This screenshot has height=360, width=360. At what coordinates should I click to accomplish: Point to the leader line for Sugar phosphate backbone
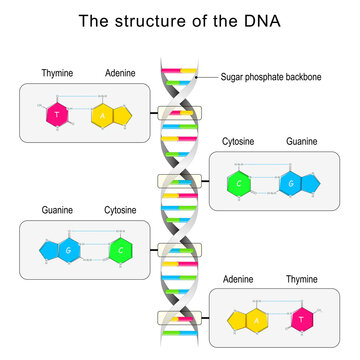click(x=205, y=77)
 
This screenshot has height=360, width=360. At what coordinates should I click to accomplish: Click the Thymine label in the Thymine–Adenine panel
click(x=57, y=73)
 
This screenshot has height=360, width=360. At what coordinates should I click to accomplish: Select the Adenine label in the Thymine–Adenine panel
click(x=121, y=73)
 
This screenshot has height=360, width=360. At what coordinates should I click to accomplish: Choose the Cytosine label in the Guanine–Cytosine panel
click(x=121, y=210)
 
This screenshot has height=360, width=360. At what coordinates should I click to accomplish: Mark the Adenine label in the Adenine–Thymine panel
click(x=238, y=278)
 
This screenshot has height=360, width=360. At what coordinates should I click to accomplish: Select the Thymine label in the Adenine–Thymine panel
click(x=301, y=278)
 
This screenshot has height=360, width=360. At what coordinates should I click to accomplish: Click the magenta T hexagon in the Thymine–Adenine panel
click(x=58, y=113)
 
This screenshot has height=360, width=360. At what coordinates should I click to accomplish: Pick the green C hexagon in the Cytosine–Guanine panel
click(x=239, y=183)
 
